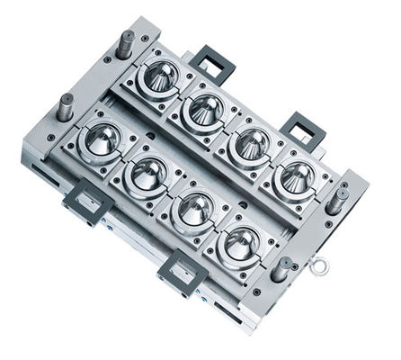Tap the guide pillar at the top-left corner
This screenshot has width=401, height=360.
point(125,43)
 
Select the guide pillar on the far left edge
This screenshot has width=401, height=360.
point(66,104)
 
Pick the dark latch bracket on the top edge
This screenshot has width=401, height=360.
point(211,64)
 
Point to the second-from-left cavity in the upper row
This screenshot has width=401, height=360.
point(206,109)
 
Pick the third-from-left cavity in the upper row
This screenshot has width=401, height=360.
point(251,141)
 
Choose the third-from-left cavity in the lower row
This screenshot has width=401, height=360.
point(195,207)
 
